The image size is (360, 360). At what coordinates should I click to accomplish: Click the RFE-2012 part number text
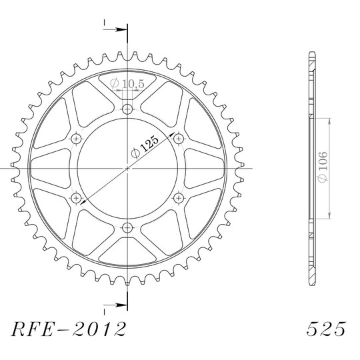(x=69, y=329)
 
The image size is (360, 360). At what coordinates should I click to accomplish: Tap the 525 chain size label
(x=326, y=329)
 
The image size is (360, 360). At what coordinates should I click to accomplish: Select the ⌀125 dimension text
(x=145, y=147)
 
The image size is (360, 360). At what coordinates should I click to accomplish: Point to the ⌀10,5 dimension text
(x=127, y=83)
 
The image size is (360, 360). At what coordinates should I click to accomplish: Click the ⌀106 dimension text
(x=323, y=167)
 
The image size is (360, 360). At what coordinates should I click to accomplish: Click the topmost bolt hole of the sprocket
(x=127, y=109)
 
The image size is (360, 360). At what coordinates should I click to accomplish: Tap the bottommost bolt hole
(x=127, y=228)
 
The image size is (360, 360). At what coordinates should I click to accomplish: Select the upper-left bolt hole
(x=76, y=139)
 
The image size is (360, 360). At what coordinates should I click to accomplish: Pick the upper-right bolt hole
(x=179, y=139)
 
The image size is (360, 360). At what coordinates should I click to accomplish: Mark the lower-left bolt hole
(x=76, y=198)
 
